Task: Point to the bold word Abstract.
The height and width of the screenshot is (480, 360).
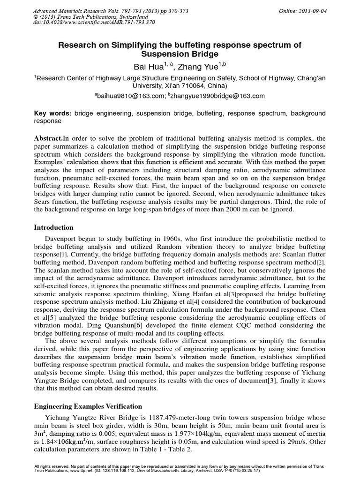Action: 49,139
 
